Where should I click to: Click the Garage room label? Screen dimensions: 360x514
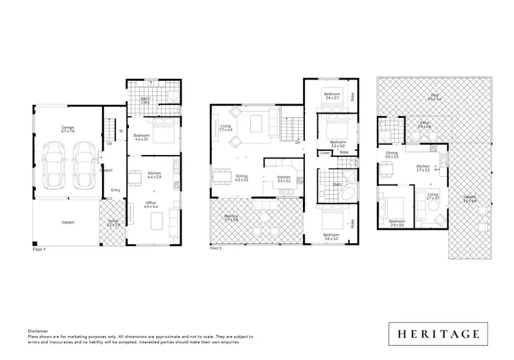(68, 129)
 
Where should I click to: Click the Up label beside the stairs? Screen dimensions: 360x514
(110, 143)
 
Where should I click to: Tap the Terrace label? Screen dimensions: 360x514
(114, 222)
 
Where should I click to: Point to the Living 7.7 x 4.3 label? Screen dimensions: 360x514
(225, 128)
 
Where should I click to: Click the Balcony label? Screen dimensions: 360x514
(232, 218)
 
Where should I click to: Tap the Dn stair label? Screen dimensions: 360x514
(297, 143)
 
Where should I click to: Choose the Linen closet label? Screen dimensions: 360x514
(326, 152)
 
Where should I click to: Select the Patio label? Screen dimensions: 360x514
(424, 125)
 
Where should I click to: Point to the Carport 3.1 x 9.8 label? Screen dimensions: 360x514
(469, 200)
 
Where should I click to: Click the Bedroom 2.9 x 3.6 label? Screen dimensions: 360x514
(397, 224)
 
